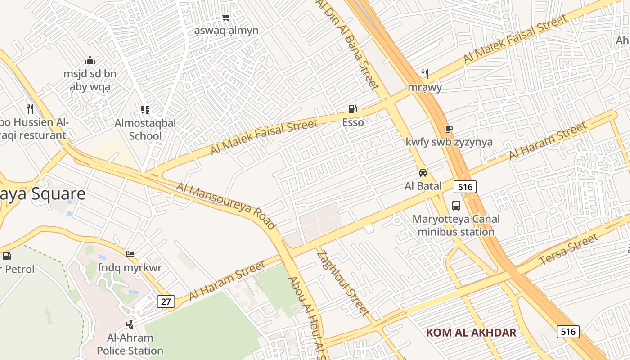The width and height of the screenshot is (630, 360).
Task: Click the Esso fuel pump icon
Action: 353,108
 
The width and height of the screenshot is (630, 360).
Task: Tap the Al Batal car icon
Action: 423,173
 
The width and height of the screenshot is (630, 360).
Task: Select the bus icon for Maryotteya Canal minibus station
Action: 456,206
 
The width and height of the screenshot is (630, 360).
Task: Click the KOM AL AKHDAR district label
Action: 471,333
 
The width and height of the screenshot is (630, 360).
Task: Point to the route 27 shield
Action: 166,301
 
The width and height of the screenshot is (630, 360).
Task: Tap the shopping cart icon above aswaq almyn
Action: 226,18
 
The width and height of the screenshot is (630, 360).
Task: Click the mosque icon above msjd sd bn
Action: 90,60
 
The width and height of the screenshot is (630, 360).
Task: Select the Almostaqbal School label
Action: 145,129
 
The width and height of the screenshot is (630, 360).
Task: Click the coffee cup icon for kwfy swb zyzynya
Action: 449,129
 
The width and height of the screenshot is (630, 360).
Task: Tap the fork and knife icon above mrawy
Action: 425,73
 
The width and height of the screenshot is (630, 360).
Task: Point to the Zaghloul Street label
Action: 343,283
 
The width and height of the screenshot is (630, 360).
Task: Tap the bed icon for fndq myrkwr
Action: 130,254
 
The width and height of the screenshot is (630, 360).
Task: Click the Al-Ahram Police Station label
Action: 130,344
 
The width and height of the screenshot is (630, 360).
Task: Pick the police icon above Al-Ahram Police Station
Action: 130,324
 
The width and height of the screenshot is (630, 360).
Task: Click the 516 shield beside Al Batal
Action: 465,186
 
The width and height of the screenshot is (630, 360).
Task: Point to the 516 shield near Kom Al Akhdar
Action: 568,332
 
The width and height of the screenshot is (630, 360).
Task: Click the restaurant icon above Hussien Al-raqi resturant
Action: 30,108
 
